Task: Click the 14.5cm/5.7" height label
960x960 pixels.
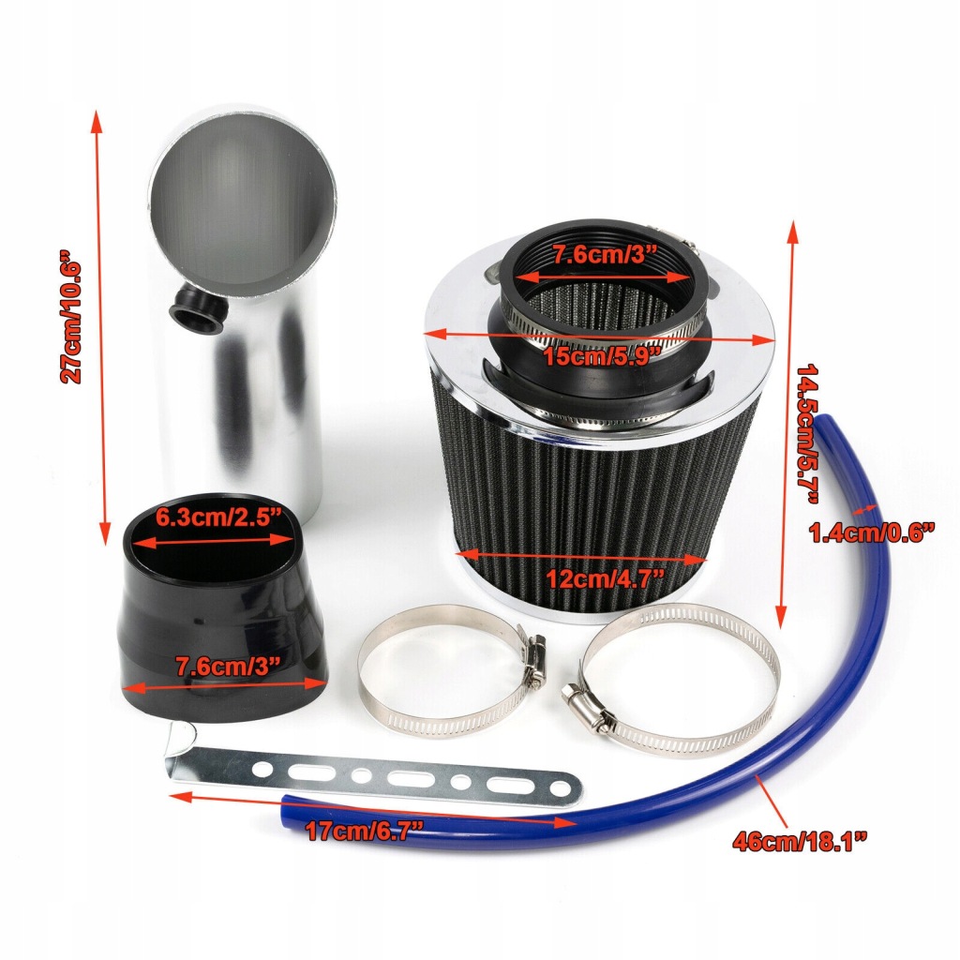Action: (807, 435)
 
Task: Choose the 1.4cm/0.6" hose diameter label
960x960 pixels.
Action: (872, 532)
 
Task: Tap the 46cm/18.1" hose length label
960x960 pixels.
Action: (800, 841)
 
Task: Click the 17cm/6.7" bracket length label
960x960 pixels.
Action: (365, 831)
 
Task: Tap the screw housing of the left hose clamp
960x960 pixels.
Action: (533, 657)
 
